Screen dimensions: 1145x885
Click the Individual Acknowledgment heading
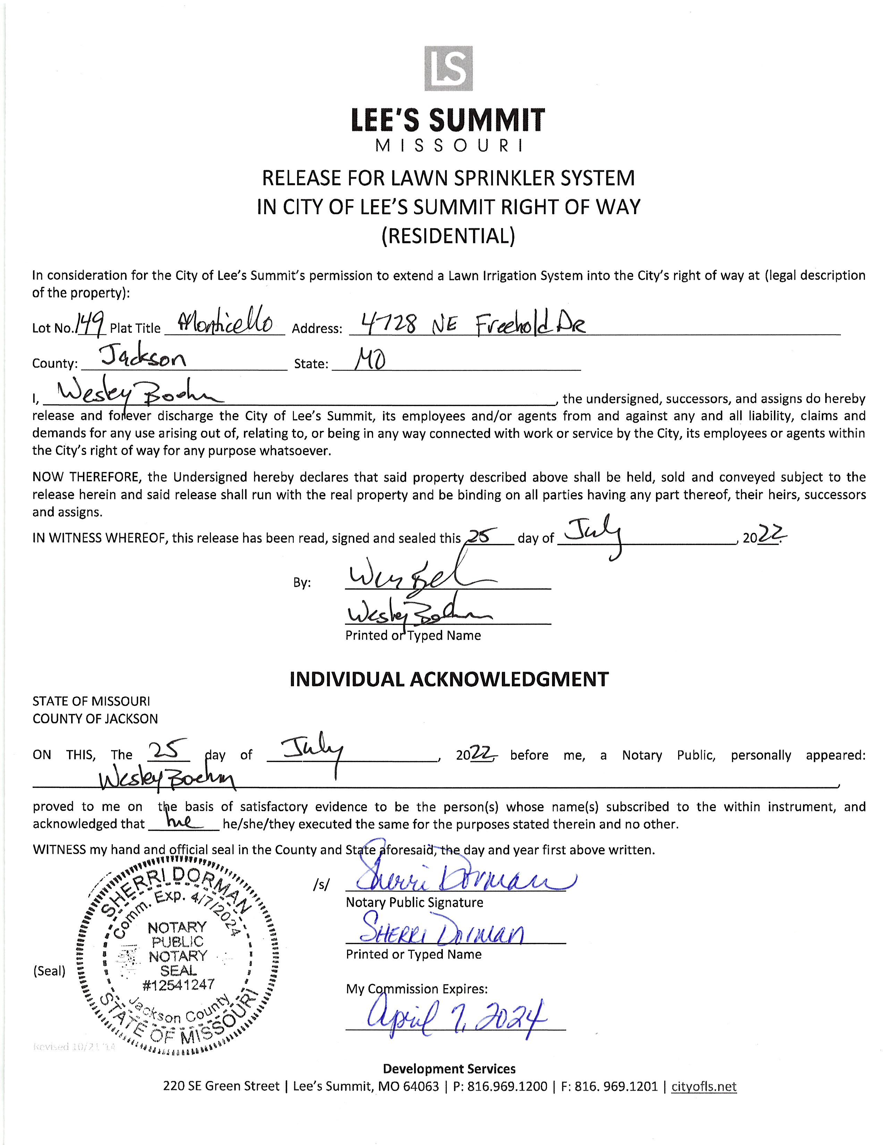tap(449, 679)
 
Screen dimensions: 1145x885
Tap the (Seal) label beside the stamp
tap(49, 970)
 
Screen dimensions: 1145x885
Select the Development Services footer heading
tap(449, 1068)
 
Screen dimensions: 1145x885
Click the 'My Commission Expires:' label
tap(416, 989)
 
